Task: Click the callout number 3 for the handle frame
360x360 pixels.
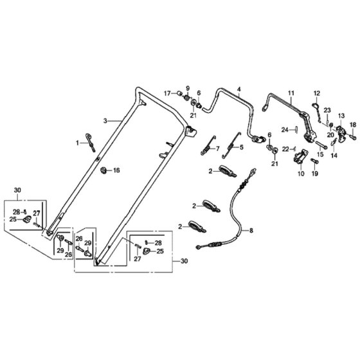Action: [105, 121]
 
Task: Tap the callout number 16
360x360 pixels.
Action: [116, 170]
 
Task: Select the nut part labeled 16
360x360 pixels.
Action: [104, 170]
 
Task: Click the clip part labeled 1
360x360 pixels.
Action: [91, 142]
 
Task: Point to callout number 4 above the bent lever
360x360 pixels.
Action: [239, 89]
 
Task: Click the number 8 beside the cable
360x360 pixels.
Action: [251, 230]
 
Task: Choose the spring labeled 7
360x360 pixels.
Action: [208, 145]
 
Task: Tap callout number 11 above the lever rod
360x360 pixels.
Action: [291, 93]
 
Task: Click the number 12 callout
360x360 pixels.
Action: [316, 93]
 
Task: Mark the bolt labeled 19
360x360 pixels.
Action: [314, 161]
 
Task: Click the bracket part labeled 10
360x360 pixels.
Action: [300, 157]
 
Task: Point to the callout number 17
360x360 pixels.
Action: [167, 93]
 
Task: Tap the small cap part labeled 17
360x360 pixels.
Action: [179, 93]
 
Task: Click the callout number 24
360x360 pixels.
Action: [285, 130]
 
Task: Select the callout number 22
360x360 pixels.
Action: [285, 149]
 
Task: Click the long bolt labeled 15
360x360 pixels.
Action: [321, 145]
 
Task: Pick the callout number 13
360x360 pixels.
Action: [341, 116]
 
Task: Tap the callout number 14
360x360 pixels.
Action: [334, 156]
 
